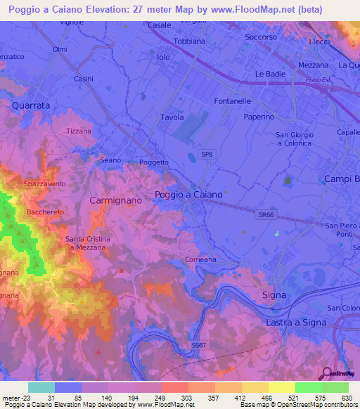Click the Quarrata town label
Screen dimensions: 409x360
tap(31, 105)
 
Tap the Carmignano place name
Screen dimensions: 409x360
tap(116, 200)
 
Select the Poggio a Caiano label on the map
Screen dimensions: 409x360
tap(188, 194)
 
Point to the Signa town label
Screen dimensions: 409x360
tap(274, 294)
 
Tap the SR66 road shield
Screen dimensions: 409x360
tap(265, 216)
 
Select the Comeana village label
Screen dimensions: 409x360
tap(200, 259)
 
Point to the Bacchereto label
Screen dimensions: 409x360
tap(45, 212)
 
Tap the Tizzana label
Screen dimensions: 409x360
tap(78, 131)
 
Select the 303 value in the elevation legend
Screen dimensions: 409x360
tap(188, 398)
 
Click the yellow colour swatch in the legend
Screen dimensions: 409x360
tap(281, 387)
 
